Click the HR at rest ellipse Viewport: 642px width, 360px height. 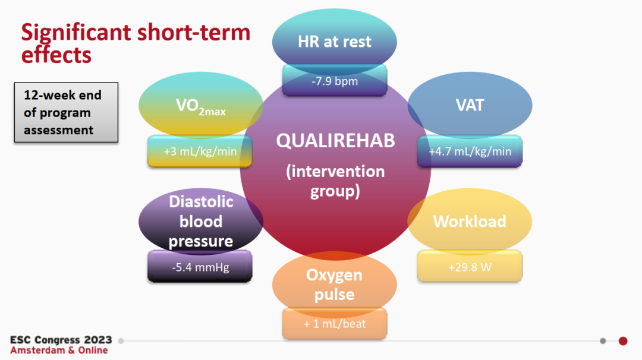click(335, 42)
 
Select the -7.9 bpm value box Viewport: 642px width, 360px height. click(335, 81)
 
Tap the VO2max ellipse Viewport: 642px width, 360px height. click(201, 105)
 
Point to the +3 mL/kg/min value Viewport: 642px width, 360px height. click(200, 151)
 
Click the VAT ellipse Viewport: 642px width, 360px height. click(470, 105)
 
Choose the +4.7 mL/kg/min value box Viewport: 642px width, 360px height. click(470, 151)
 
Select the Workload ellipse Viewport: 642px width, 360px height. click(470, 222)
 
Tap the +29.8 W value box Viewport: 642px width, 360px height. click(470, 267)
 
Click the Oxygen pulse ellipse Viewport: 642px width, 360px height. click(335, 285)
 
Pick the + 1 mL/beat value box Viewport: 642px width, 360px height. click(335, 324)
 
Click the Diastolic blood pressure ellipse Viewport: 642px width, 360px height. click(201, 222)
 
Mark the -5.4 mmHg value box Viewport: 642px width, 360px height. click(200, 267)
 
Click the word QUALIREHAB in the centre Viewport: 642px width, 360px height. click(335, 141)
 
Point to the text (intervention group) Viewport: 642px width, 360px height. click(335, 181)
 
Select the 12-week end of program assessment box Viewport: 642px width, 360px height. click(67, 112)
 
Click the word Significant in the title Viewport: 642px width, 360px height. click(76, 33)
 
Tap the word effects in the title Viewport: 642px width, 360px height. click(56, 55)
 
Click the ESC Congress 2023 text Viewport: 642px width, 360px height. click(61, 340)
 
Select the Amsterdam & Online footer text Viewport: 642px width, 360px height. click(59, 350)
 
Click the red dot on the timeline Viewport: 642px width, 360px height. click(623, 341)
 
